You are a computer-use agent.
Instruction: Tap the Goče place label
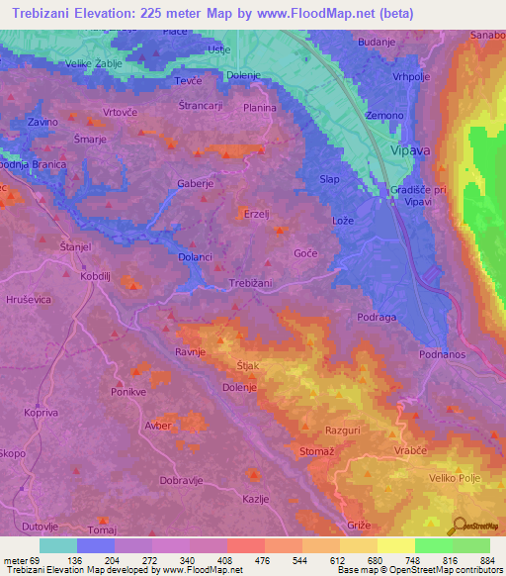tap(305, 253)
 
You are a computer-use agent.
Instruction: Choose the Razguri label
tap(344, 431)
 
